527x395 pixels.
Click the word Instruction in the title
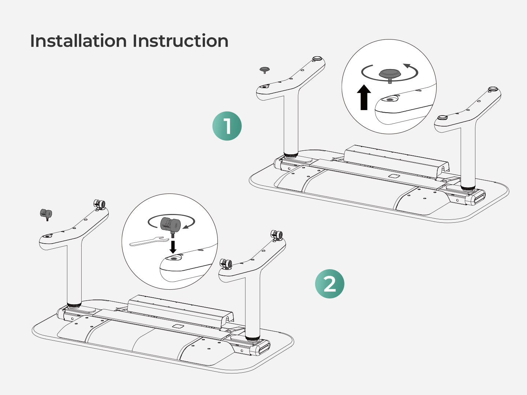[x=180, y=41]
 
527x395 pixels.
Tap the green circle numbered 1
[x=227, y=126]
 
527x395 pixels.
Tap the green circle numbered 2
[x=329, y=284]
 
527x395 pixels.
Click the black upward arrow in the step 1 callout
[x=364, y=97]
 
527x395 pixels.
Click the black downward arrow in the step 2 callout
[x=173, y=246]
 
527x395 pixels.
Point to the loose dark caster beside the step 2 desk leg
[x=46, y=214]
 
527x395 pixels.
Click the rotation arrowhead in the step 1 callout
[x=407, y=66]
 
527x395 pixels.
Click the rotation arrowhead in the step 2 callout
[x=186, y=226]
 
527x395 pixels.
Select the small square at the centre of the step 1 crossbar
[x=395, y=176]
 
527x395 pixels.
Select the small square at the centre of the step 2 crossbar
[x=178, y=326]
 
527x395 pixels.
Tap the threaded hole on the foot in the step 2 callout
[x=173, y=258]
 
